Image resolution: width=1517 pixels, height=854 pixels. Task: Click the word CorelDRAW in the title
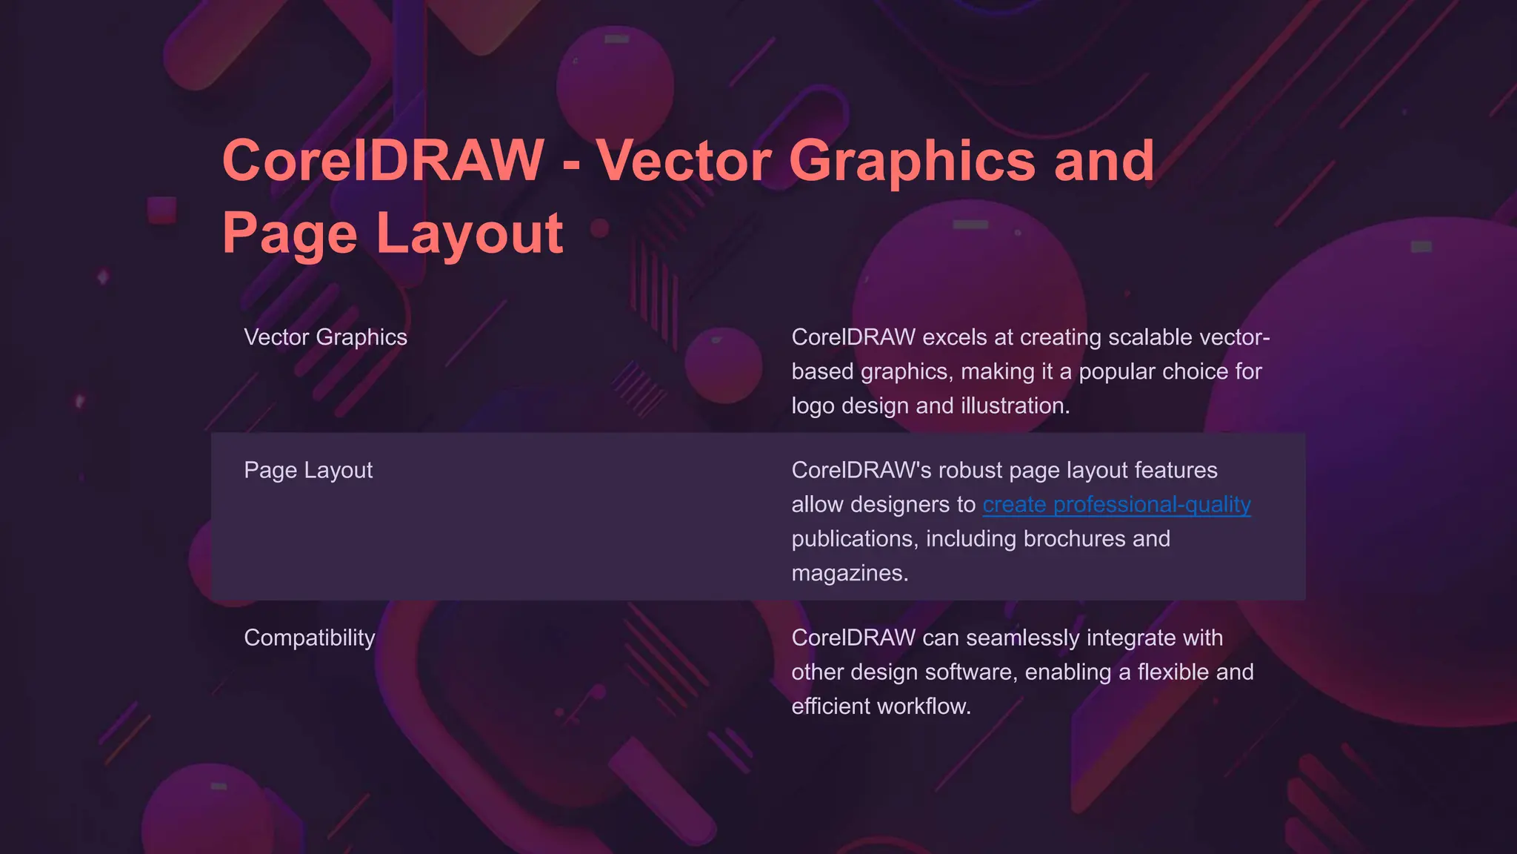click(x=383, y=161)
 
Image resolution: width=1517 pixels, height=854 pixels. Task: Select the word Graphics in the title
click(x=912, y=161)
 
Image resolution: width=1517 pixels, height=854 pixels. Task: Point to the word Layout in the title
click(x=470, y=234)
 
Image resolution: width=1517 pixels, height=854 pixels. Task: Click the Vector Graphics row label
click(x=325, y=337)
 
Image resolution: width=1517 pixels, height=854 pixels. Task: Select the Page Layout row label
click(x=308, y=470)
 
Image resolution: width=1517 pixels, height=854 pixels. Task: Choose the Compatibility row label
click(x=310, y=638)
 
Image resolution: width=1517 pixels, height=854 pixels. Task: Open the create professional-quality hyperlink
click(x=1116, y=505)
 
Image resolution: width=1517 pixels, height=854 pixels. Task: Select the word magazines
click(x=849, y=573)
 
